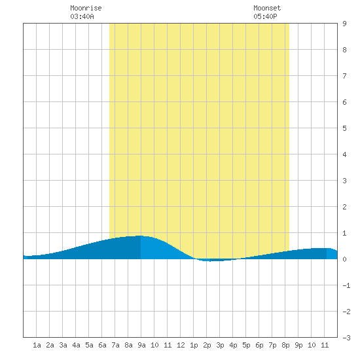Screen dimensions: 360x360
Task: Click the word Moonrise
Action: (x=86, y=8)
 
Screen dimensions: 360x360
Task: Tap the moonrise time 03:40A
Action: (x=82, y=16)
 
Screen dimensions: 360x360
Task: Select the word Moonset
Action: (x=267, y=8)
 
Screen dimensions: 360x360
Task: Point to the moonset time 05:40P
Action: (x=265, y=16)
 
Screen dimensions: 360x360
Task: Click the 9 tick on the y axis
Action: (x=344, y=24)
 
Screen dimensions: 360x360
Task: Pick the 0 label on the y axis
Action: (x=344, y=259)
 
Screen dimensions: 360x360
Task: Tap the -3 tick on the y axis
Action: (x=346, y=338)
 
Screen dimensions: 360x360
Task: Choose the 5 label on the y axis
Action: (x=344, y=128)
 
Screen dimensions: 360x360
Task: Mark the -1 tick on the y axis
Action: (x=346, y=285)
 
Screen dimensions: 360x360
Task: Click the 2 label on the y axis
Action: (x=344, y=207)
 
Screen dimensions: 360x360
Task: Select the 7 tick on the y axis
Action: (x=344, y=76)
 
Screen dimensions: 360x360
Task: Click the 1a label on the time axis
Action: (x=37, y=345)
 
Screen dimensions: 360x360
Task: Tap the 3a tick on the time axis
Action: (x=63, y=345)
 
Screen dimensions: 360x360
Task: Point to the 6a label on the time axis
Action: (x=102, y=345)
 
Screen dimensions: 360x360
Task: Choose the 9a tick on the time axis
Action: (x=141, y=345)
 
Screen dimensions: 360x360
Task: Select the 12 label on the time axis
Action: (x=181, y=345)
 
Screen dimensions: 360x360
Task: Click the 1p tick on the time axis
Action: (x=194, y=345)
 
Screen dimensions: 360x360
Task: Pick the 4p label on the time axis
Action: (x=233, y=345)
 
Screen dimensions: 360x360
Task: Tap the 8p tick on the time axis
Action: (x=285, y=345)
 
